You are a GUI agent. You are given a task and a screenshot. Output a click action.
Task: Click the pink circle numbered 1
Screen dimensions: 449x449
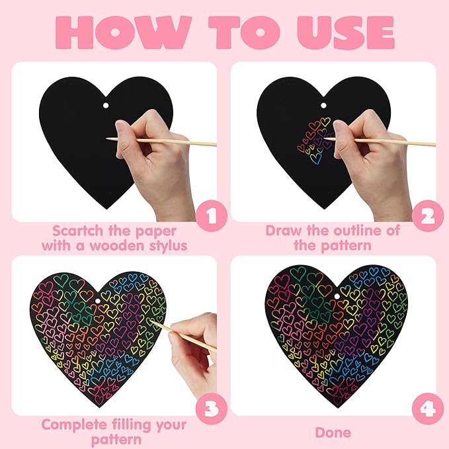coord(210,216)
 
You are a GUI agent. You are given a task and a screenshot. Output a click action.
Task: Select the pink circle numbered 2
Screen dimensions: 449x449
coord(425,216)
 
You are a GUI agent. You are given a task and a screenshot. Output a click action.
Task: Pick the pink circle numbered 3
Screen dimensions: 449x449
coord(210,410)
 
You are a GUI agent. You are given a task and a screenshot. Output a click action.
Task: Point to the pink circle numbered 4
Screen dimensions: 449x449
coord(425,410)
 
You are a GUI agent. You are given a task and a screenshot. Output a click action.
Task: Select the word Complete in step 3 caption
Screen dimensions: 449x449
coord(77,425)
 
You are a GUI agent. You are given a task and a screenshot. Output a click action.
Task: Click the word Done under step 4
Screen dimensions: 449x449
coord(333,432)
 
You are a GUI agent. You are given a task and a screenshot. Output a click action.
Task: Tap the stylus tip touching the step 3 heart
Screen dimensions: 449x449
coord(151,321)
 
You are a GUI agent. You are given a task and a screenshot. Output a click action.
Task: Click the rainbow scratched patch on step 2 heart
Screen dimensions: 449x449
coord(313,140)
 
